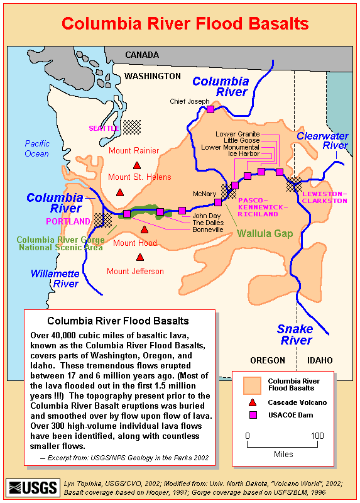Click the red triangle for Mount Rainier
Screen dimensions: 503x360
136,165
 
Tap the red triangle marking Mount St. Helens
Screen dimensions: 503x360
120,192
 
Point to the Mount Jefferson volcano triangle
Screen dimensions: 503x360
139,257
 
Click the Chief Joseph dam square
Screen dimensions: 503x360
210,109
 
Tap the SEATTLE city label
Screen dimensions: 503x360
104,128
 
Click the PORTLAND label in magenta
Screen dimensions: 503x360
68,221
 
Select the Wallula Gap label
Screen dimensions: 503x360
266,233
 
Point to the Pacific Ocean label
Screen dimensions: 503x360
37,148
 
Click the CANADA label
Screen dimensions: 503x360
142,55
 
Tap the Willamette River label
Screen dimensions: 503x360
55,279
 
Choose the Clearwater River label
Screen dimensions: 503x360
322,141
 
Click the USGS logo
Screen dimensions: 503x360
33,487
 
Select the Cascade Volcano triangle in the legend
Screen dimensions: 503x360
252,402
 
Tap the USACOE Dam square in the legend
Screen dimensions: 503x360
252,415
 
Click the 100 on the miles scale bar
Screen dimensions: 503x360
317,436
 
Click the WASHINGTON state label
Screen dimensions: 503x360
152,76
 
